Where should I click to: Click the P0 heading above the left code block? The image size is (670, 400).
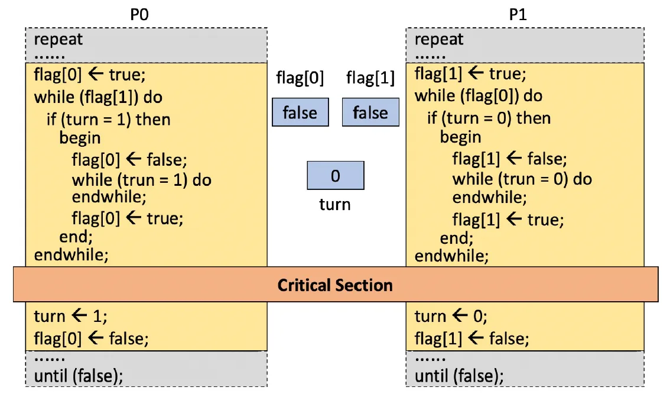click(x=139, y=15)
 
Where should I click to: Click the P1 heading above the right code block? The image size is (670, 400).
click(x=518, y=15)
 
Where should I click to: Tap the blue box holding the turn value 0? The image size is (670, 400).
click(x=336, y=175)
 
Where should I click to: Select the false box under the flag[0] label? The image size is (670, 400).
click(x=300, y=112)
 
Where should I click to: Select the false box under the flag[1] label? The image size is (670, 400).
click(x=370, y=112)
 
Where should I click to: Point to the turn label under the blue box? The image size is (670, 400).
click(x=335, y=205)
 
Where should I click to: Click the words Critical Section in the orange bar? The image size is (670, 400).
click(x=335, y=285)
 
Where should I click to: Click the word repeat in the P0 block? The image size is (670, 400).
click(x=58, y=40)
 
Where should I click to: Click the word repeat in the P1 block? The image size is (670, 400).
click(x=439, y=40)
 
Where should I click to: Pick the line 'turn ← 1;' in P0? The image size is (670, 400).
click(x=70, y=316)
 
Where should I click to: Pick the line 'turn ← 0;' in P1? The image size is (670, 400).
click(x=451, y=316)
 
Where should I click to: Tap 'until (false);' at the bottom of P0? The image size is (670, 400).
click(x=79, y=376)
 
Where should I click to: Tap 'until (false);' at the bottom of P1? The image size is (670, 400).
click(x=459, y=376)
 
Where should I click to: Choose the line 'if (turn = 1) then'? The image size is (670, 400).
click(x=109, y=120)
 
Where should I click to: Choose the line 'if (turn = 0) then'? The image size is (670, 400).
click(x=489, y=118)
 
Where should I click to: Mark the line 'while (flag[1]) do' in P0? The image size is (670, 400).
click(x=98, y=97)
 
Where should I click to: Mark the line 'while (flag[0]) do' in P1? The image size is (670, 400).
click(x=479, y=96)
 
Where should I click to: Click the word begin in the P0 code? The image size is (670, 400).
click(x=80, y=138)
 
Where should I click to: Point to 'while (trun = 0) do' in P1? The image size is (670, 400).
click(x=522, y=179)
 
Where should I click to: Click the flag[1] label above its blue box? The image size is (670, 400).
click(x=370, y=78)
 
